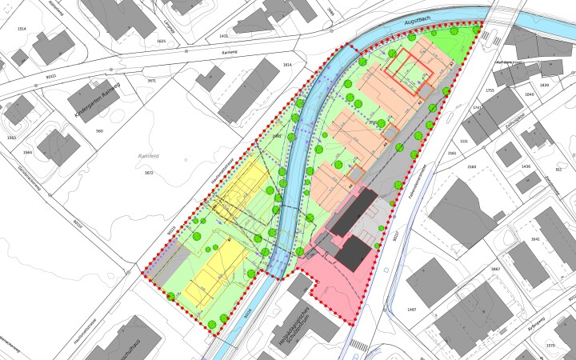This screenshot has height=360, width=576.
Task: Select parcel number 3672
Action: [148, 172]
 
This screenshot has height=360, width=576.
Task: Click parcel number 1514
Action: [22, 29]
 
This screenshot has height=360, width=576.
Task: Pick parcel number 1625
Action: [161, 41]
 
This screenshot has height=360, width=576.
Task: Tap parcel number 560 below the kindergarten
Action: [99, 130]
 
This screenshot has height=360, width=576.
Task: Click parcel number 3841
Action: [535, 239]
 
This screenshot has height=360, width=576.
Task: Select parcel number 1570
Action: [550, 346]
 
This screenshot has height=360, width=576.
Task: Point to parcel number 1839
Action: [545, 85]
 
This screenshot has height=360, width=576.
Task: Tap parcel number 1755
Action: [490, 90]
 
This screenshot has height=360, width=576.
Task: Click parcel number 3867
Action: [495, 270]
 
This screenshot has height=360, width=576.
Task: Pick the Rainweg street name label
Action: [231, 48]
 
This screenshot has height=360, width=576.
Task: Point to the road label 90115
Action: [171, 230]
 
